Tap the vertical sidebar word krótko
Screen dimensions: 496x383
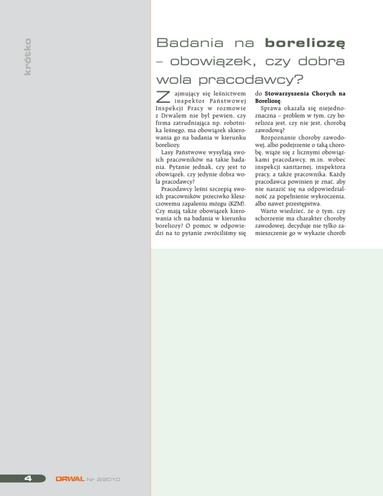click(x=27, y=57)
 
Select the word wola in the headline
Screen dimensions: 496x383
click(x=172, y=80)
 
